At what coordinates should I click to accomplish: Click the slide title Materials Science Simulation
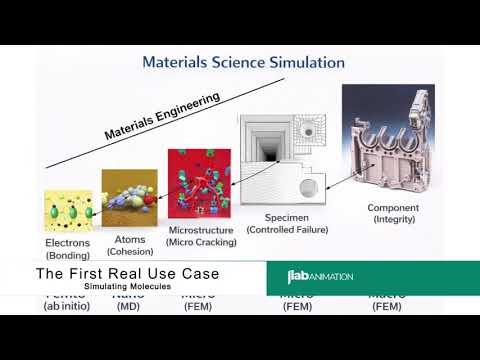coord(243,62)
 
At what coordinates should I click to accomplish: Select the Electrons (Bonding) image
coord(68,211)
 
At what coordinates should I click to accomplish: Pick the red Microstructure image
coord(199,186)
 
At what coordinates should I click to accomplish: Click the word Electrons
coord(68,242)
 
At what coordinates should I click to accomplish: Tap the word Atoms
coord(129,238)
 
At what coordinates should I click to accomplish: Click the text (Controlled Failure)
coord(288,230)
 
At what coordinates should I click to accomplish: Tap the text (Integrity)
coord(399,219)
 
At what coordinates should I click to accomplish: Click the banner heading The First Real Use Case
coord(127,273)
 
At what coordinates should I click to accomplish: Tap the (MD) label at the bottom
coord(128,306)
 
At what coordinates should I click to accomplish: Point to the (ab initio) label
coord(67,306)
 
